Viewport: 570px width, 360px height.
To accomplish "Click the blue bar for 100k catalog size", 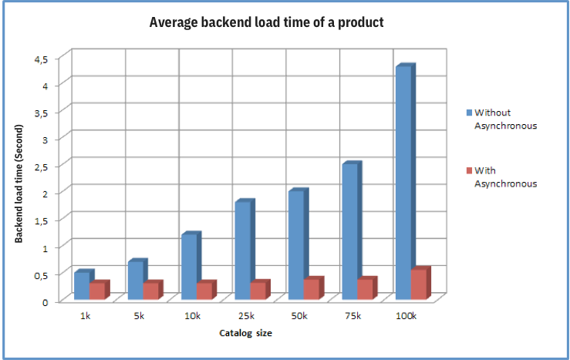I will (x=403, y=183).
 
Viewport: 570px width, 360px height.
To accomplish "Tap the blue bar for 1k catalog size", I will (x=82, y=285).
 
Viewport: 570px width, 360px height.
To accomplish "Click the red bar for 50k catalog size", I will (x=312, y=289).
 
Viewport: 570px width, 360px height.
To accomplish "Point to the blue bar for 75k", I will (x=349, y=231).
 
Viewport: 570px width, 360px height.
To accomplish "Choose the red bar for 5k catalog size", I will (x=151, y=291).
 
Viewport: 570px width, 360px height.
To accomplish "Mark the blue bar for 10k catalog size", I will (x=189, y=267).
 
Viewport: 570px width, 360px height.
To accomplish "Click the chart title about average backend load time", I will (x=266, y=22).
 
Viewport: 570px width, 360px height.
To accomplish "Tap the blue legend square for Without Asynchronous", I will (x=467, y=113).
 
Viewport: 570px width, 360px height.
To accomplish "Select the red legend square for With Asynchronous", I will (x=467, y=170).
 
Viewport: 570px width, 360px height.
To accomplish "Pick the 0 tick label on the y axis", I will (x=46, y=301).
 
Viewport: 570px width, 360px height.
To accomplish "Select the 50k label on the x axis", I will (x=298, y=316).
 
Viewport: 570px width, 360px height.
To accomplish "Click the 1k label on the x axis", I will (x=85, y=316).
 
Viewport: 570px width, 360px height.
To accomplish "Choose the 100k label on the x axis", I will (x=405, y=316).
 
